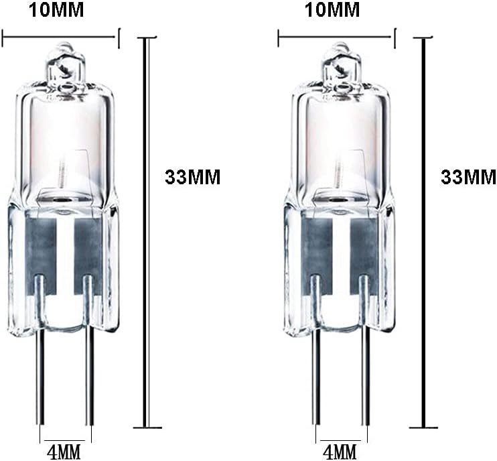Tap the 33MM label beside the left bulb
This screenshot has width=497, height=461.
click(192, 177)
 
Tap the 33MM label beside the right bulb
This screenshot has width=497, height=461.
click(468, 177)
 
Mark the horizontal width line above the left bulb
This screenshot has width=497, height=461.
click(60, 39)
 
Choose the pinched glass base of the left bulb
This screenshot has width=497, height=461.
click(64, 268)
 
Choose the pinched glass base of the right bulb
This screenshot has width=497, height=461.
click(340, 268)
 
